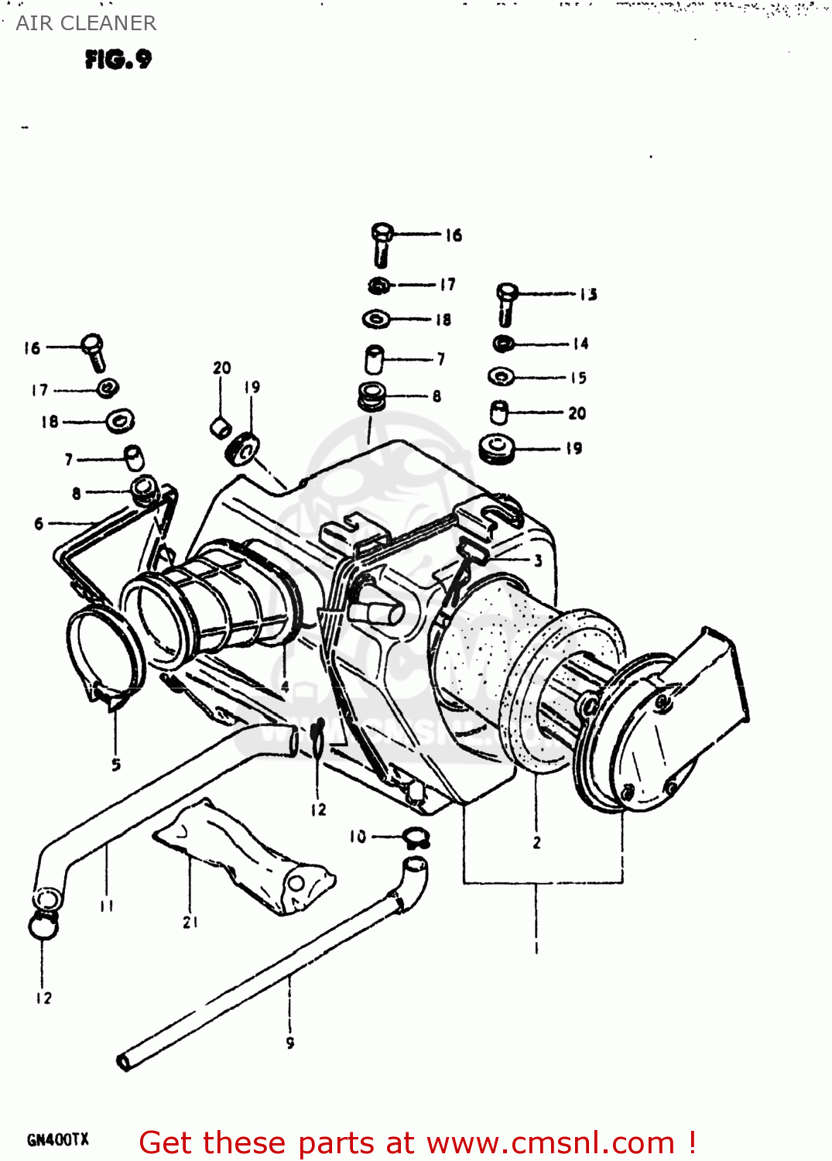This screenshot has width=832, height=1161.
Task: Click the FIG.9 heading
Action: [x=118, y=59]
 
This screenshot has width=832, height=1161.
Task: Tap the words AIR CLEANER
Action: [x=86, y=23]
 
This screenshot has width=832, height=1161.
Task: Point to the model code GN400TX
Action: [x=58, y=1139]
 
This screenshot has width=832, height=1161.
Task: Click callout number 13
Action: [x=588, y=295]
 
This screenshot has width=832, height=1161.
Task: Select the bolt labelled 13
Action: [x=506, y=305]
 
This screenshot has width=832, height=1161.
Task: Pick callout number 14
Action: [x=580, y=344]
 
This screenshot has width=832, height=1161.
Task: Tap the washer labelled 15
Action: [x=502, y=377]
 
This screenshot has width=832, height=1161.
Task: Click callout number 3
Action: [x=538, y=560]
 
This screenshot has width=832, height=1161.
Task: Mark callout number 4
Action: [x=285, y=686]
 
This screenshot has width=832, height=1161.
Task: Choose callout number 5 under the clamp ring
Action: [x=116, y=765]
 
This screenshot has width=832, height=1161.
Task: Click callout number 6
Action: [x=39, y=524]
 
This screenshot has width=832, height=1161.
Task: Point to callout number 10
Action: [x=358, y=837]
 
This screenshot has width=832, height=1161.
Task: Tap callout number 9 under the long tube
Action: [x=290, y=1043]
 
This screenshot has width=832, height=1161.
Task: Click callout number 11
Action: [x=107, y=906]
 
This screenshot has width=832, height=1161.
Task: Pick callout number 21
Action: [x=190, y=922]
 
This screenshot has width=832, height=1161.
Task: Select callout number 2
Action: [x=537, y=842]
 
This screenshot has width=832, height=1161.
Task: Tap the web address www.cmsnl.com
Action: [x=550, y=1142]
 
